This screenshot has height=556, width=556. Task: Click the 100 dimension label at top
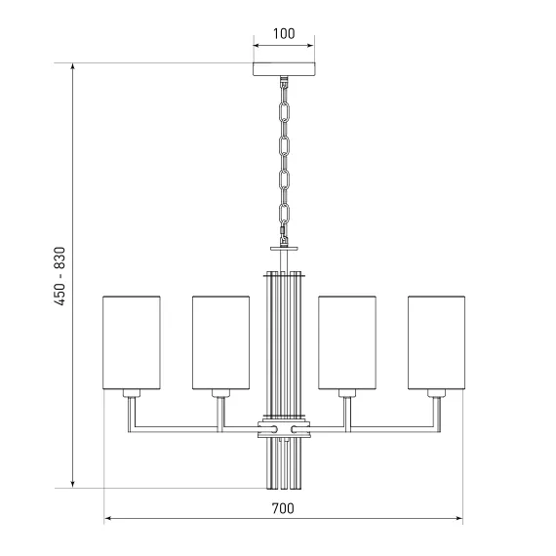click(284, 34)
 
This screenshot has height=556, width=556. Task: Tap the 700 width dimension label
click(283, 508)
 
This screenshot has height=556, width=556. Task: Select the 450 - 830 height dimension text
click(60, 276)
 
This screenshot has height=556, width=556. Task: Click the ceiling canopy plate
click(284, 69)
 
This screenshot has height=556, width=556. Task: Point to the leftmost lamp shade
click(132, 342)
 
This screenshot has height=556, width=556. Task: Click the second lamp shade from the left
click(220, 342)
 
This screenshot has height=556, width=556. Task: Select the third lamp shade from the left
click(347, 342)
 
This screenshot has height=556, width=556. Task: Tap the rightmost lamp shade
click(436, 342)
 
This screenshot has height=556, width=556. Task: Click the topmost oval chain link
click(284, 112)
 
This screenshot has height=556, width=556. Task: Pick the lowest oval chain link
click(284, 215)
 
